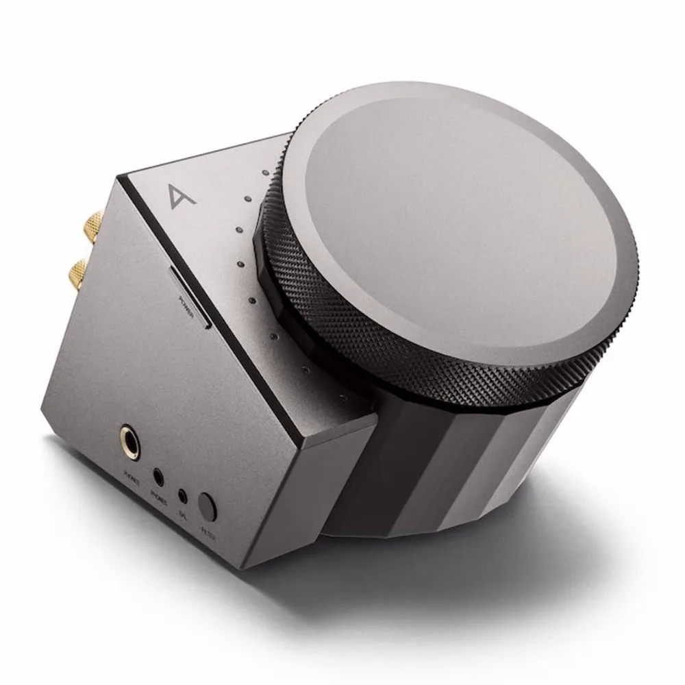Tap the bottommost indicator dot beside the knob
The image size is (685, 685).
click(x=274, y=336)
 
